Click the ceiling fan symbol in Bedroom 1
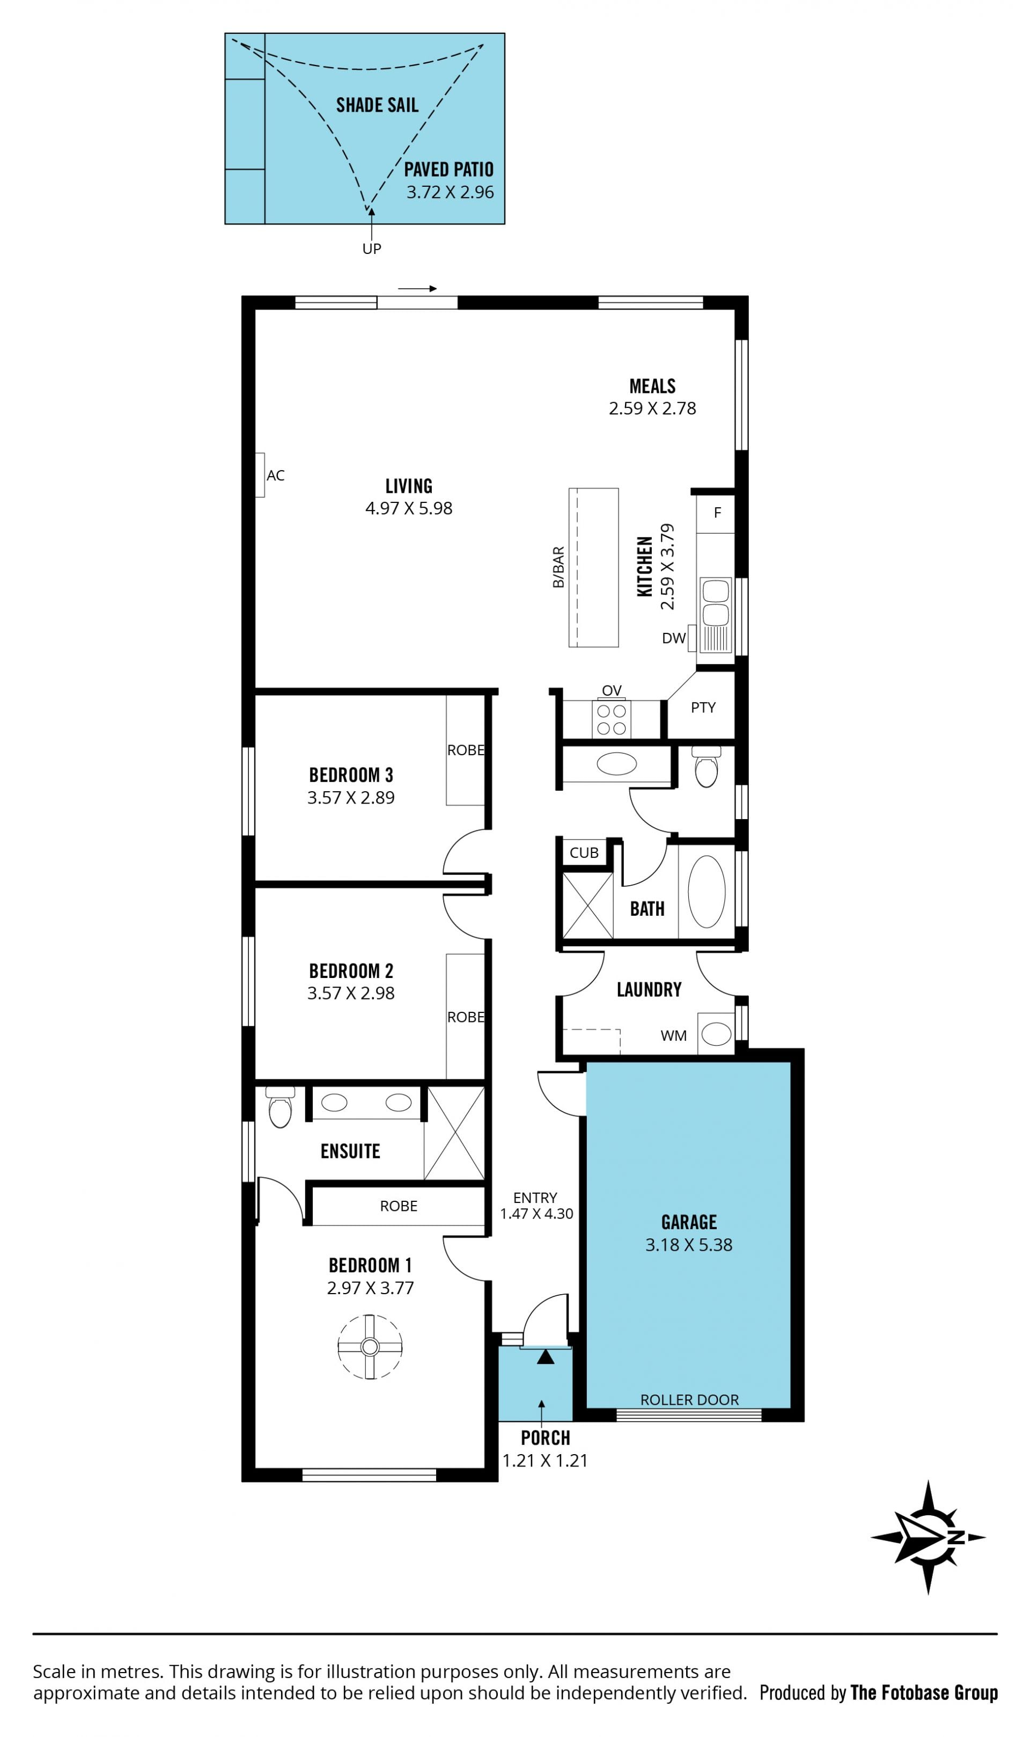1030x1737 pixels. [370, 1347]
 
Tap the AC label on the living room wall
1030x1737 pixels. [276, 476]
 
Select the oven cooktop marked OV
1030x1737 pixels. [612, 719]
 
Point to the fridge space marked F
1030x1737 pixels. [717, 513]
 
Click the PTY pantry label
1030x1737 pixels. [703, 707]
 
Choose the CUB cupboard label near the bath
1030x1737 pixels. [584, 852]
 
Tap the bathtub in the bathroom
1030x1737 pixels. [707, 892]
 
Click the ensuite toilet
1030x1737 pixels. [281, 1107]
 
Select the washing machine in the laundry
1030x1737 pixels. [716, 1034]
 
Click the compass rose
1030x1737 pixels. [928, 1538]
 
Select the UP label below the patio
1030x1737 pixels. [371, 249]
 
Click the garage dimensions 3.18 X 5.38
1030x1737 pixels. [688, 1245]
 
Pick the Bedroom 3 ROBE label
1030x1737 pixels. [466, 750]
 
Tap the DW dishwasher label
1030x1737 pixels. [673, 638]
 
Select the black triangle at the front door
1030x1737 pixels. [546, 1356]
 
